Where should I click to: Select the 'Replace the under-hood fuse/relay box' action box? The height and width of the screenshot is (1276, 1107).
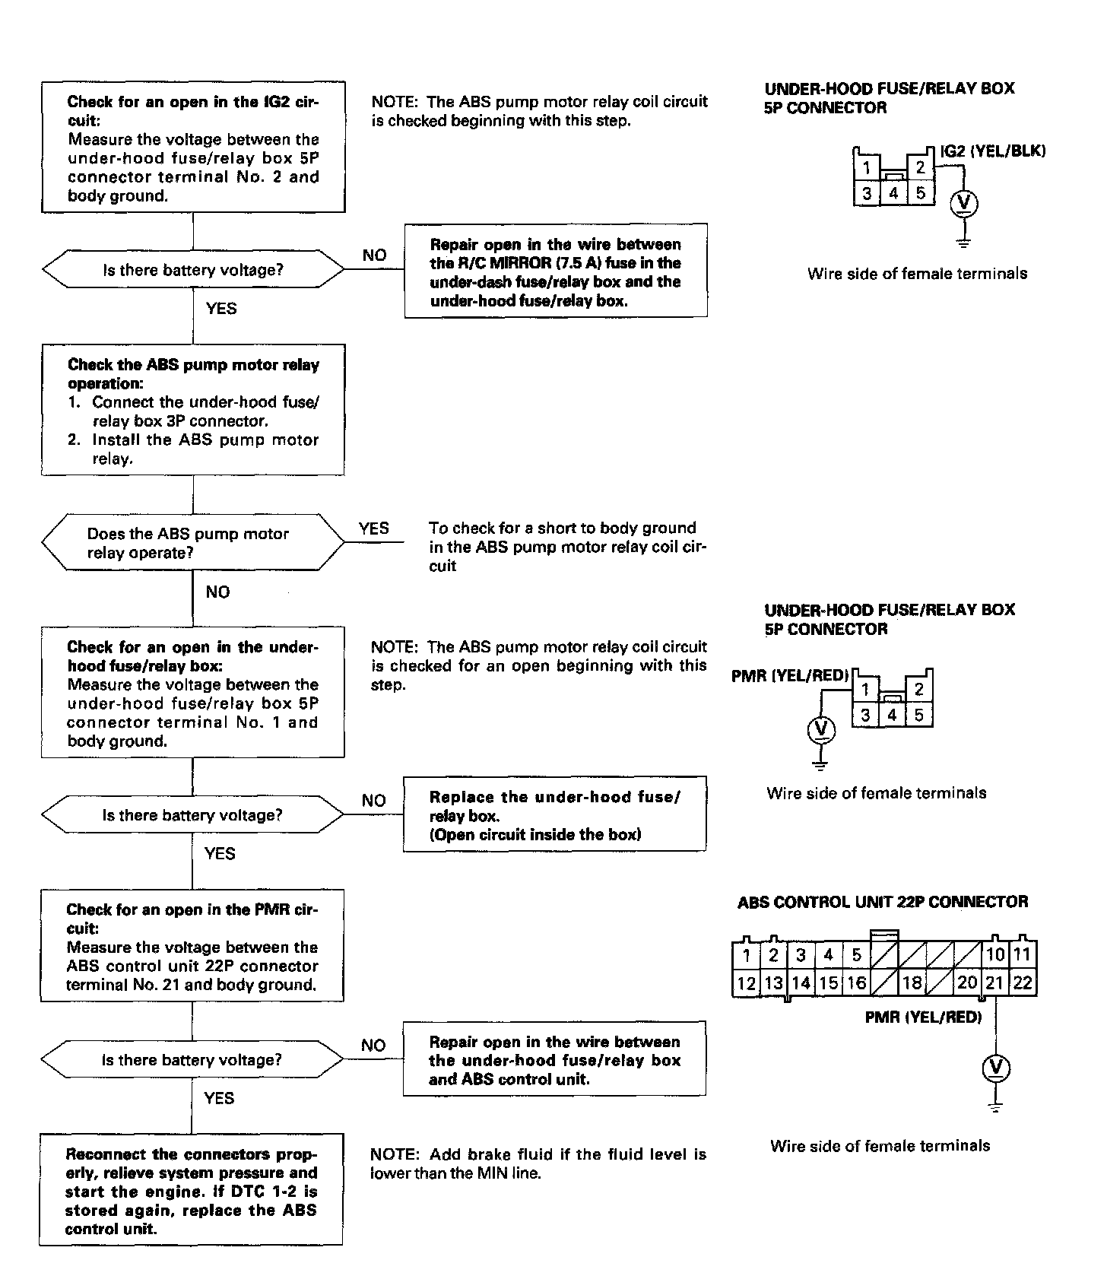(554, 815)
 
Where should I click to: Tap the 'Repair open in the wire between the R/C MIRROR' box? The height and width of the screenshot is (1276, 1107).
(556, 271)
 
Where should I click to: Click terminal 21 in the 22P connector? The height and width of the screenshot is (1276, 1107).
(994, 982)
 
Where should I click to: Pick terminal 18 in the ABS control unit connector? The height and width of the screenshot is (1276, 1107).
(911, 982)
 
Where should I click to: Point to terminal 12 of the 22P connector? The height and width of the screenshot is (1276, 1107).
(746, 982)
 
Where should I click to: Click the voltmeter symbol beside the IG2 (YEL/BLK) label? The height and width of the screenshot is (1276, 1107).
(964, 204)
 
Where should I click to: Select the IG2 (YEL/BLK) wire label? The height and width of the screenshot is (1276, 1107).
(992, 151)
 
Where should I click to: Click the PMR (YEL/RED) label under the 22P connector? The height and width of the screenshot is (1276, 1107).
(923, 1017)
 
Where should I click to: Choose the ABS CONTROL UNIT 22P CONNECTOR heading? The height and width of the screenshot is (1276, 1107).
(883, 902)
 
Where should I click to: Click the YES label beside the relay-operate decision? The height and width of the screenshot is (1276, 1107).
(373, 528)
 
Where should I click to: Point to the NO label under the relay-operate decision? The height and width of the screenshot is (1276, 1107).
(217, 592)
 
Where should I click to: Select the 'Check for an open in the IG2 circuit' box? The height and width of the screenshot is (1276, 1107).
(193, 148)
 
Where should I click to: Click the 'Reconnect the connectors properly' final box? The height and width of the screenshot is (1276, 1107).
(191, 1190)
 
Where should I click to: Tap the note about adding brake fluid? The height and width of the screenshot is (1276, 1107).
(538, 1163)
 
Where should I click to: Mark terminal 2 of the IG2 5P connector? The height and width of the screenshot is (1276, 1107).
(920, 167)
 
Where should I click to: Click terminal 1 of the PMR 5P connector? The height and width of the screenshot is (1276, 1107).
(865, 690)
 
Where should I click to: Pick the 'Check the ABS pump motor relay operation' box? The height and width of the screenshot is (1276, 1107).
(193, 411)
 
